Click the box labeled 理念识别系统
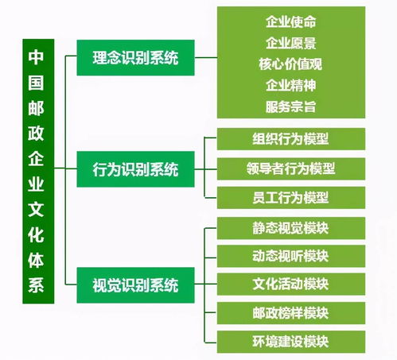pyautogui.click(x=135, y=58)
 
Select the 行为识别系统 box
pyautogui.click(x=135, y=169)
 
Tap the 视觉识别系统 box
pyautogui.click(x=135, y=285)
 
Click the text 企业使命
pyautogui.click(x=291, y=21)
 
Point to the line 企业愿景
pyautogui.click(x=291, y=43)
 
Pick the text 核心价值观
pyautogui.click(x=290, y=64)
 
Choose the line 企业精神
pyautogui.click(x=291, y=85)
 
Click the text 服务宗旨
pyautogui.click(x=291, y=106)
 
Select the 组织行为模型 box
pyautogui.click(x=291, y=139)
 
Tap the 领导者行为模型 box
pyautogui.click(x=291, y=168)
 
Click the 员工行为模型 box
pyautogui.click(x=291, y=198)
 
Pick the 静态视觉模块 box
pyautogui.click(x=291, y=228)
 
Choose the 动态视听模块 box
pyautogui.click(x=291, y=256)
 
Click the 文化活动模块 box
pyautogui.click(x=291, y=285)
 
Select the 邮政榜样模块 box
pyautogui.click(x=291, y=313)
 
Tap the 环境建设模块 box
pyautogui.click(x=291, y=342)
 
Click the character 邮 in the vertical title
pyautogui.click(x=36, y=108)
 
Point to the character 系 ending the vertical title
pyautogui.click(x=36, y=285)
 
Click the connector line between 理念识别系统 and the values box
pyautogui.click(x=206, y=57)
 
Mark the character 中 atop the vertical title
pyautogui.click(x=36, y=57)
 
